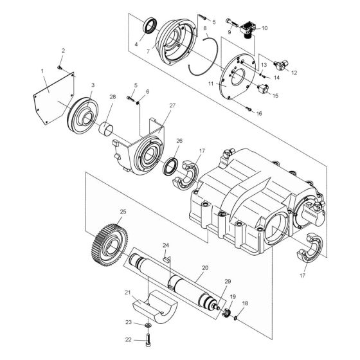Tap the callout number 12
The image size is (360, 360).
[294, 73]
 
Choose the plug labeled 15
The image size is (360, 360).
[262, 87]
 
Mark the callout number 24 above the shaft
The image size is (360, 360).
[165, 246]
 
